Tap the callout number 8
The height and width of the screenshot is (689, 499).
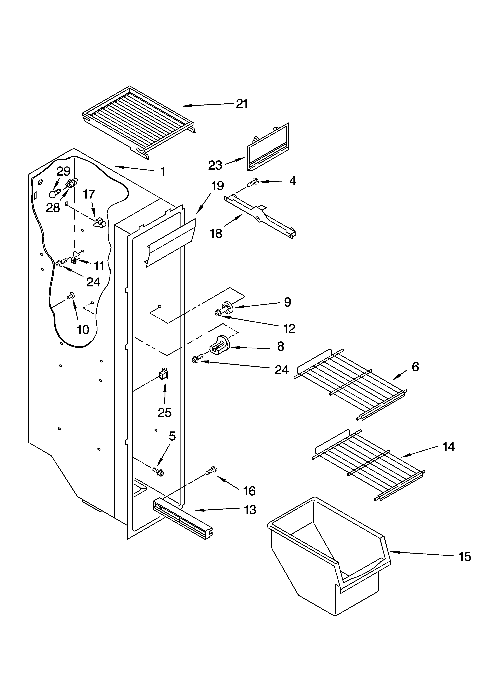(x=281, y=346)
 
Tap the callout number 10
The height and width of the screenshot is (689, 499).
(x=83, y=330)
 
